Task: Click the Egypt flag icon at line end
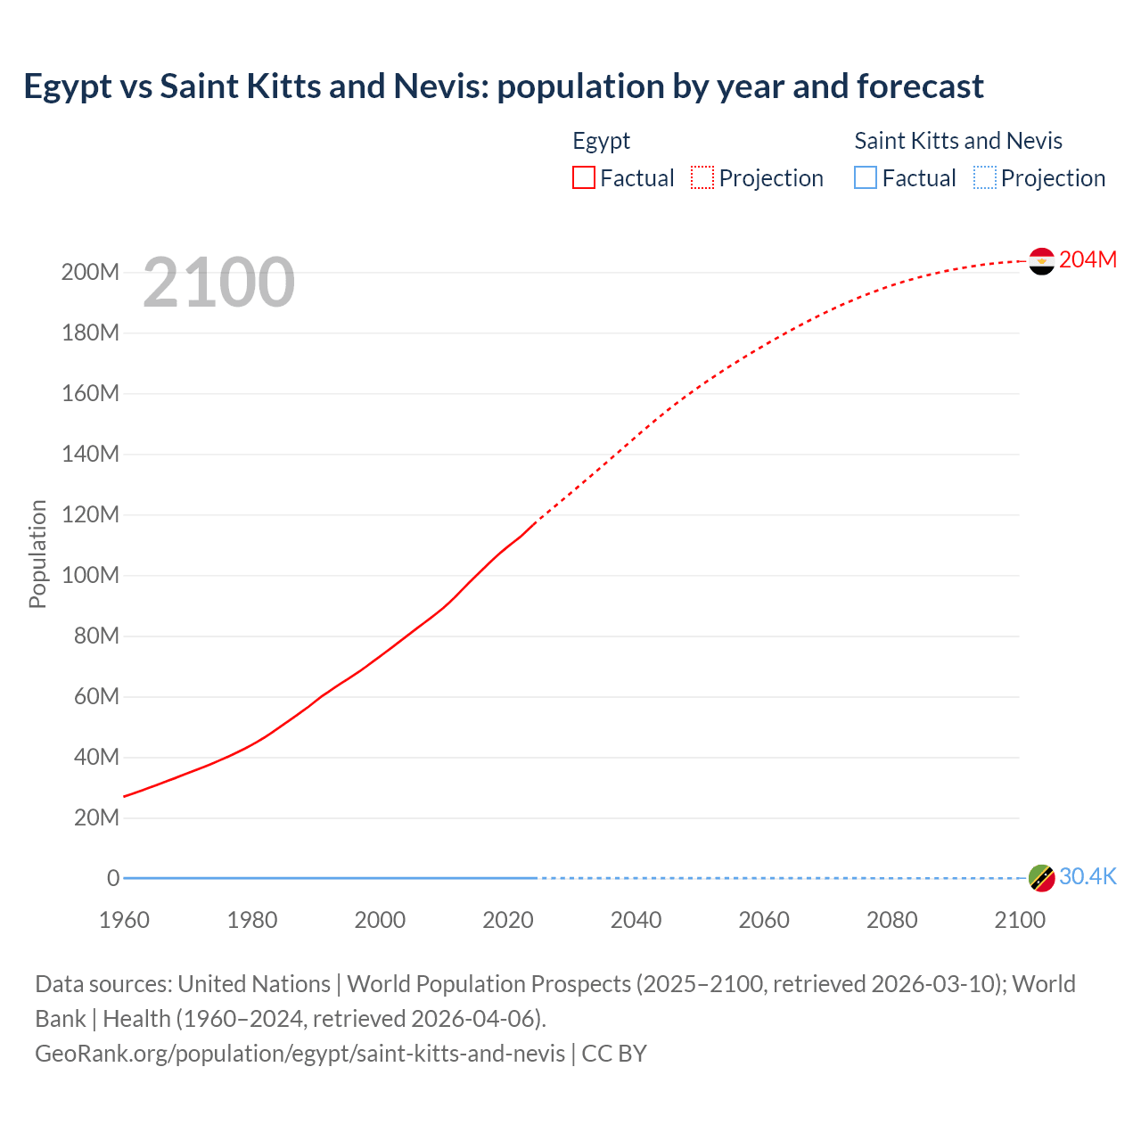[1041, 261]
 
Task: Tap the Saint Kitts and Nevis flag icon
[1041, 878]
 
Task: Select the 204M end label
[1088, 259]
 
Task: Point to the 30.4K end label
[1088, 877]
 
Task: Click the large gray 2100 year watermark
[218, 283]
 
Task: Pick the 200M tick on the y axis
[90, 273]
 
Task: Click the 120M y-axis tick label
[90, 515]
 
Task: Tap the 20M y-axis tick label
[96, 818]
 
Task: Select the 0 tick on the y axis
[113, 879]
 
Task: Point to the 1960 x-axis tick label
[124, 920]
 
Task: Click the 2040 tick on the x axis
[636, 920]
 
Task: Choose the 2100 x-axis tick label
[1020, 920]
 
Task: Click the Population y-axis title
[37, 554]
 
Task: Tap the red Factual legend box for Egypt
[584, 178]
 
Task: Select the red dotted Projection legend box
[702, 178]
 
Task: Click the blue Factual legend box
[866, 178]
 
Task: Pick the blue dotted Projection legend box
[985, 178]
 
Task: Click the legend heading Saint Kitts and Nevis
[958, 141]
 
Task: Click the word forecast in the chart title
[920, 86]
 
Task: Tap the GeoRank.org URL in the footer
[300, 1054]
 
